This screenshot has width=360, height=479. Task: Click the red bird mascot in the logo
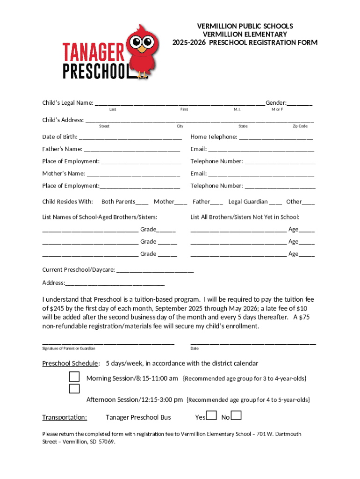(143, 51)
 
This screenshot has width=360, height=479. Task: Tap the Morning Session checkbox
(74, 377)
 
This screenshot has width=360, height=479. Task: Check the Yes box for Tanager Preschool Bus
(211, 415)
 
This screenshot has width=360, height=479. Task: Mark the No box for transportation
(237, 415)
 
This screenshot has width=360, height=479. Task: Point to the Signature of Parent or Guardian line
(108, 343)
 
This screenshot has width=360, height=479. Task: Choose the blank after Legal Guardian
(276, 203)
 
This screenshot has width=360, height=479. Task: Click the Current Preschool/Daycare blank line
(155, 271)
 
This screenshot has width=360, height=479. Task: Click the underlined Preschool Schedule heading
(70, 363)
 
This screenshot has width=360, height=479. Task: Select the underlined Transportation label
(65, 417)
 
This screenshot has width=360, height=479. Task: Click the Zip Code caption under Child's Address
(300, 126)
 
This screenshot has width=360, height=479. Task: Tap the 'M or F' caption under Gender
(277, 109)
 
